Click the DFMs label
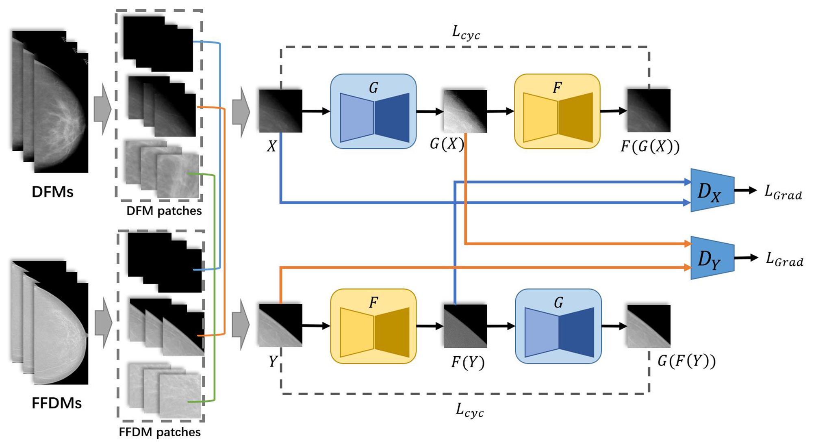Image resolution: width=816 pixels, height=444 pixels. click(x=52, y=192)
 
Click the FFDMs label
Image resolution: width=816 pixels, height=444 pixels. click(x=56, y=403)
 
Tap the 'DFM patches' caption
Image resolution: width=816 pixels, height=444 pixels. click(x=164, y=211)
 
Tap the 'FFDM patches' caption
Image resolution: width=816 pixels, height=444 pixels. click(x=160, y=432)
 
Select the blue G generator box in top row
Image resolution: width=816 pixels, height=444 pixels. click(x=373, y=111)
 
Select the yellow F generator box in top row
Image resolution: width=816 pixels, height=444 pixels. click(x=557, y=111)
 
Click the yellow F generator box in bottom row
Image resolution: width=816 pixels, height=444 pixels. click(x=373, y=326)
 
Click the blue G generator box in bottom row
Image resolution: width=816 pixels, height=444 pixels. click(x=558, y=326)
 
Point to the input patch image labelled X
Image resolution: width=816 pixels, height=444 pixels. click(x=280, y=111)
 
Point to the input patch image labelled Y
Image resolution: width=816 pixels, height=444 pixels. click(x=280, y=325)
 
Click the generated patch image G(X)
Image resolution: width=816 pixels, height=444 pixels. click(x=465, y=111)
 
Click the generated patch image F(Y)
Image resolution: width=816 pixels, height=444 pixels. click(x=465, y=326)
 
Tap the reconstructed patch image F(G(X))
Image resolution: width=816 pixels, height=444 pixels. click(x=649, y=110)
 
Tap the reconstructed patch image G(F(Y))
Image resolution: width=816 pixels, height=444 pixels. click(x=649, y=326)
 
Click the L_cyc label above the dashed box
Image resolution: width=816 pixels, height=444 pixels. click(x=466, y=32)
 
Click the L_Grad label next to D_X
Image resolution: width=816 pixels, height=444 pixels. click(x=783, y=193)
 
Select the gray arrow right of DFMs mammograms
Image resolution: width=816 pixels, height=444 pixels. click(x=102, y=109)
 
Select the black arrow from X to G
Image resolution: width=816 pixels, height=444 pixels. click(x=316, y=111)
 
